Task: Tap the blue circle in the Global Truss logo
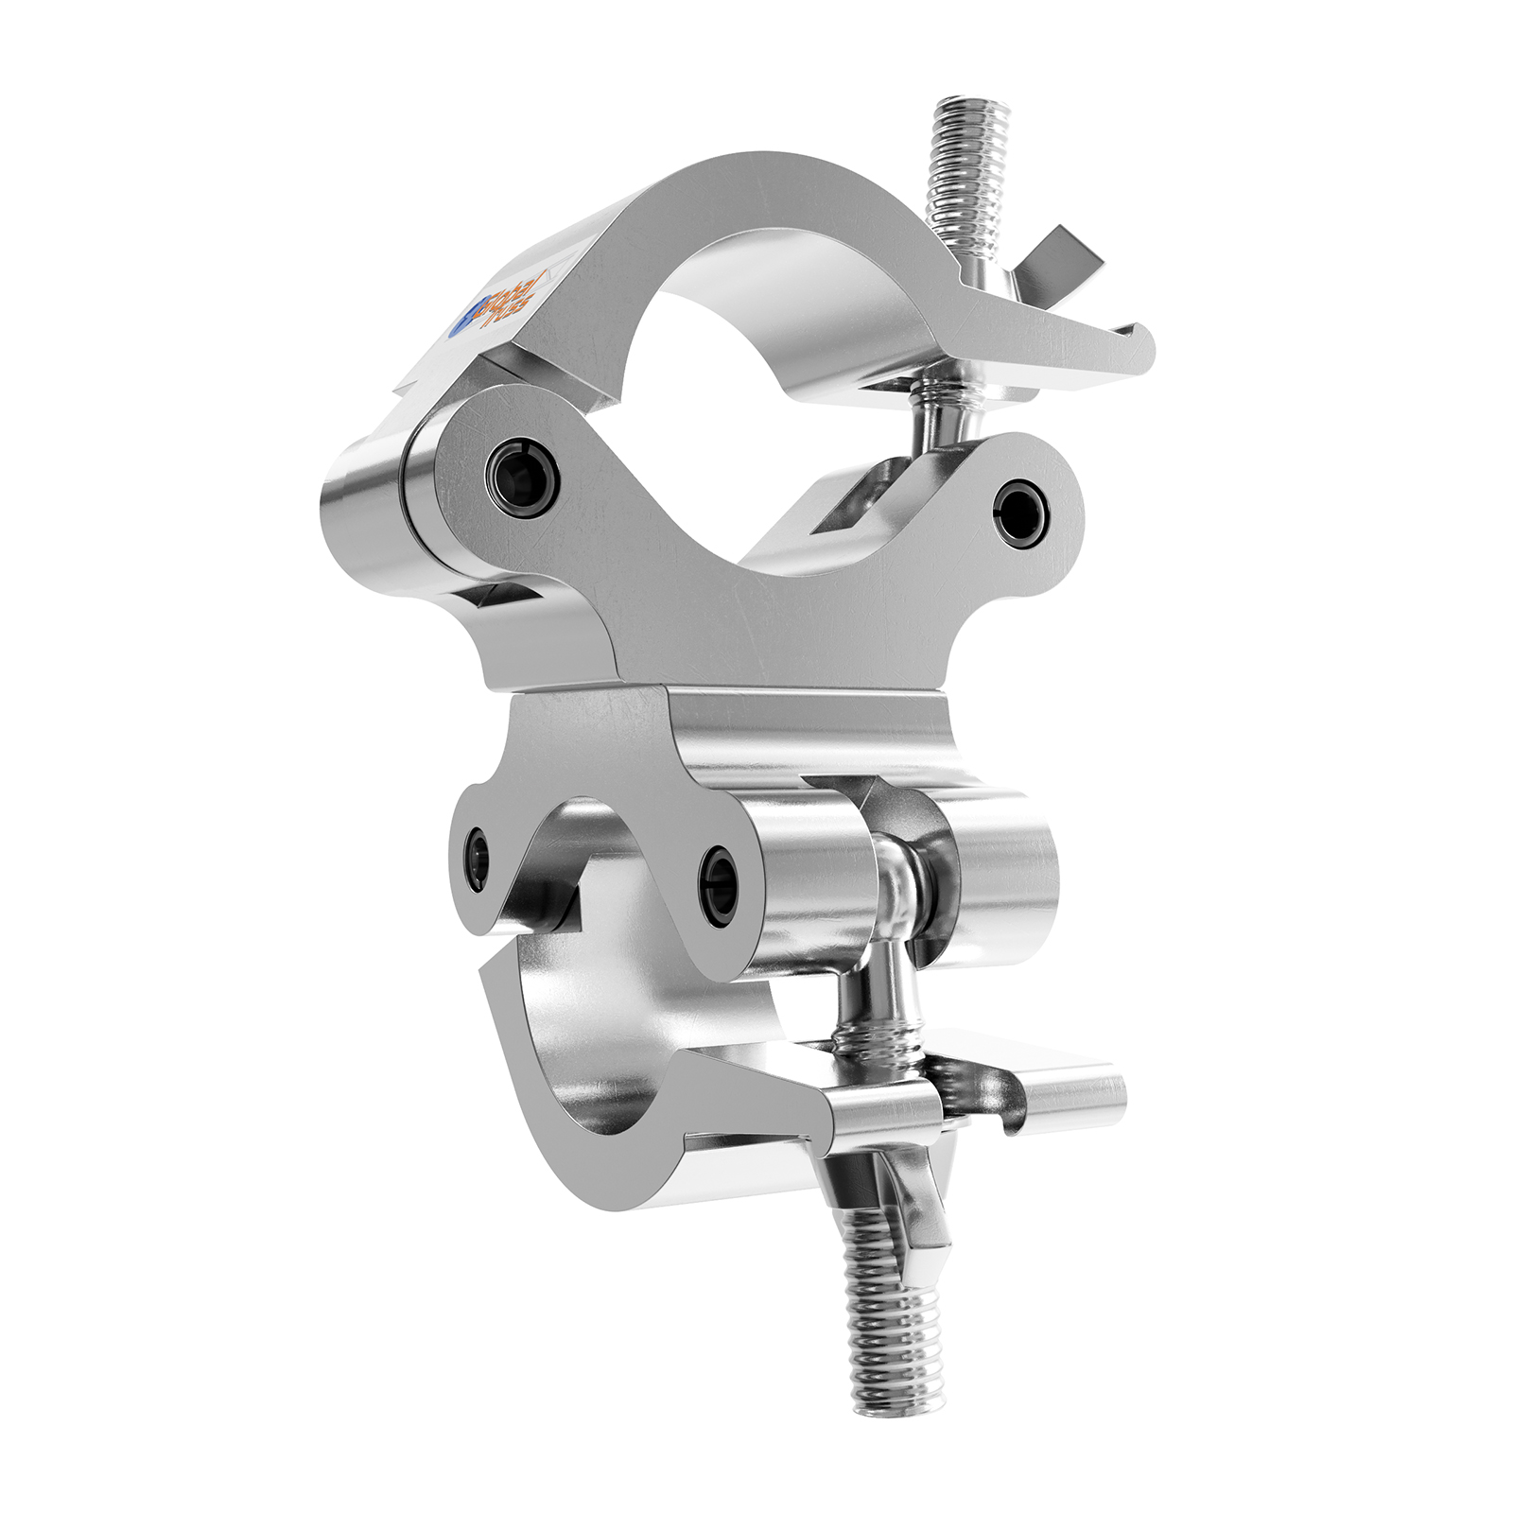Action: [459, 323]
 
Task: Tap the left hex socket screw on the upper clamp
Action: [522, 477]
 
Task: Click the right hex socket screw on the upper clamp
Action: [1022, 512]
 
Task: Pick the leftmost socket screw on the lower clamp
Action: [478, 858]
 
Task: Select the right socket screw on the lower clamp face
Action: [719, 885]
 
